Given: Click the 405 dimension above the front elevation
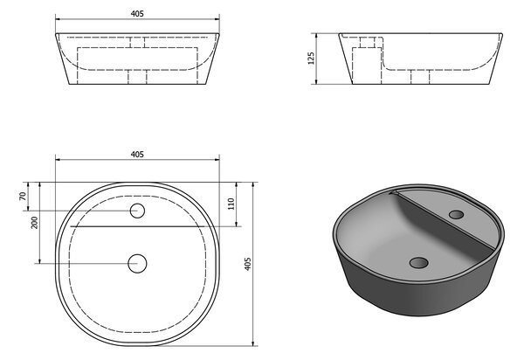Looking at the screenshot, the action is coord(137,14).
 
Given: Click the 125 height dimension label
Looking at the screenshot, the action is coord(311,59).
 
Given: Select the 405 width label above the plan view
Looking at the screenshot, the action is coord(137,155).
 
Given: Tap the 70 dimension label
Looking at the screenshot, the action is coord(23,197).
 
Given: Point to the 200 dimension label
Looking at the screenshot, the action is coord(34,223).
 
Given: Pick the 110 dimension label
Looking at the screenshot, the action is coord(231,204).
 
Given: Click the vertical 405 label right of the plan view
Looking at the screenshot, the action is coord(248,264).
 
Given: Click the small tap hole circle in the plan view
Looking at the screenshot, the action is coord(137,211).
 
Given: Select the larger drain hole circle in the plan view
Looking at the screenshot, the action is coord(137,263).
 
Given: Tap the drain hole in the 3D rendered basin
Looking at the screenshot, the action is coord(418,262).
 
